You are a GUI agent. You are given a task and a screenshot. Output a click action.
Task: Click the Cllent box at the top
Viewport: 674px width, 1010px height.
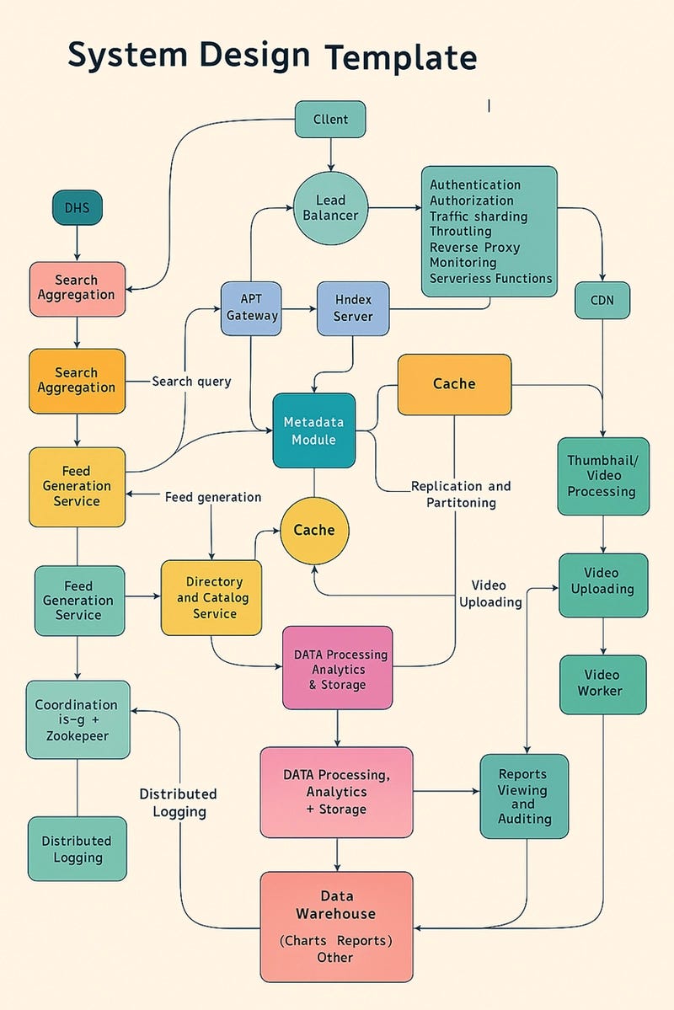pyautogui.click(x=330, y=120)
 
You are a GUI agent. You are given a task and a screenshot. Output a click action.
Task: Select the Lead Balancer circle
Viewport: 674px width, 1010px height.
pyautogui.click(x=330, y=207)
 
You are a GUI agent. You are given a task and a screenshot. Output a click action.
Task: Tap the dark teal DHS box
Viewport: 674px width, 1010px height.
pyautogui.click(x=77, y=207)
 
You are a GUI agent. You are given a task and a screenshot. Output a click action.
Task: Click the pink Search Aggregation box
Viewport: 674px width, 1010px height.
pyautogui.click(x=77, y=288)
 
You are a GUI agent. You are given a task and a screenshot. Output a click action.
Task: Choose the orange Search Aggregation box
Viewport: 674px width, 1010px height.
pyautogui.click(x=77, y=381)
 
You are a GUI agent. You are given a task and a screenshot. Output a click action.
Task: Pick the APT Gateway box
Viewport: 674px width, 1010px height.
pyautogui.click(x=251, y=307)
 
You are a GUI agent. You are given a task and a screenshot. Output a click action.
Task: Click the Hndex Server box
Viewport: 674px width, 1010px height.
pyautogui.click(x=353, y=307)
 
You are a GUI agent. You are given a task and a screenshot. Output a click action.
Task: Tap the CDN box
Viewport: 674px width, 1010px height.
pyautogui.click(x=602, y=300)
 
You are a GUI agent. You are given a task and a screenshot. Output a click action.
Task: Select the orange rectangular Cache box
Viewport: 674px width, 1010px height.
pyautogui.click(x=454, y=384)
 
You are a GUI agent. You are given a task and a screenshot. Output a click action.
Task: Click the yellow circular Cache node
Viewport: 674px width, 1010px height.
pyautogui.click(x=313, y=531)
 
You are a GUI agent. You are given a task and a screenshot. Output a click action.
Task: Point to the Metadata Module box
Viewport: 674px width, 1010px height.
pyautogui.click(x=313, y=430)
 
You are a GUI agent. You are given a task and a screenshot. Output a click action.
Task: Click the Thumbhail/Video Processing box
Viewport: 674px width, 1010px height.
pyautogui.click(x=602, y=476)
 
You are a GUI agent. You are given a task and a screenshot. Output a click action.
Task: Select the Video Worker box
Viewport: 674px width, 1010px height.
pyautogui.click(x=602, y=683)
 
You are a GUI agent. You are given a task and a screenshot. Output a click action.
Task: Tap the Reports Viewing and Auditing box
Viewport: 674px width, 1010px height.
pyautogui.click(x=523, y=796)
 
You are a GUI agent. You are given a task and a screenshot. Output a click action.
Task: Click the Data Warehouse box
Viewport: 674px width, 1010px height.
pyautogui.click(x=336, y=927)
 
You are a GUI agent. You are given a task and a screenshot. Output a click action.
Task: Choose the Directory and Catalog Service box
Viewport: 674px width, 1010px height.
pyautogui.click(x=211, y=597)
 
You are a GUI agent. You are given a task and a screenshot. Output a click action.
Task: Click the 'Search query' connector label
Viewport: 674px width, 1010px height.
pyautogui.click(x=191, y=382)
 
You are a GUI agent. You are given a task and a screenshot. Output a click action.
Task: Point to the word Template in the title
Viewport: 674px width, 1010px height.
pyautogui.click(x=401, y=58)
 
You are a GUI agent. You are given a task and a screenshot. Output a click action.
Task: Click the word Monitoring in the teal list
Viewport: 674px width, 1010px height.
pyautogui.click(x=463, y=263)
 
